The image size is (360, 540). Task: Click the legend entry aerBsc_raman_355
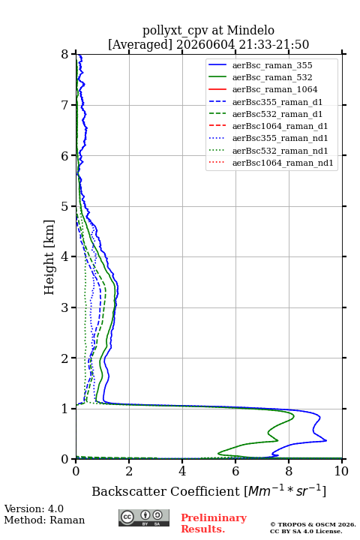coord(272,65)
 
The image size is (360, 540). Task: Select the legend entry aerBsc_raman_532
coord(272,77)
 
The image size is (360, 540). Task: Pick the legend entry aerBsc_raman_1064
coord(275,89)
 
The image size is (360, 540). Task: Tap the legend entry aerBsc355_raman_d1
coord(277,102)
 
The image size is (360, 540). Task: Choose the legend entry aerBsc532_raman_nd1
coord(280,151)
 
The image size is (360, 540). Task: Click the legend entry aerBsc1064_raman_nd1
coord(283,163)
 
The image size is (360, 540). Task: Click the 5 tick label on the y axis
coord(65,207)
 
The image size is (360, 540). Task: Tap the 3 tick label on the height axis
coord(65,307)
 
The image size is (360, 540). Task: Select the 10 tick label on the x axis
coord(341,471)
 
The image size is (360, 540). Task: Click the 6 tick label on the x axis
coord(235,471)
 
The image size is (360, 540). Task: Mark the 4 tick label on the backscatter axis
coord(182,471)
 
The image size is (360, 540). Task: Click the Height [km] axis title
coord(49,257)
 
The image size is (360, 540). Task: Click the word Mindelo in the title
coord(250,30)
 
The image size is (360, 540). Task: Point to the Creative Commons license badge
coord(144,518)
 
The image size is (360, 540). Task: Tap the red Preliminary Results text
coord(214,523)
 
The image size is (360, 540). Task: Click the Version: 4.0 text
coord(34,509)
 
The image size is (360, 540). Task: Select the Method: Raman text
coord(44,520)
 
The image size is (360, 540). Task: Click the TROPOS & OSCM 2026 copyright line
coord(313,524)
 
